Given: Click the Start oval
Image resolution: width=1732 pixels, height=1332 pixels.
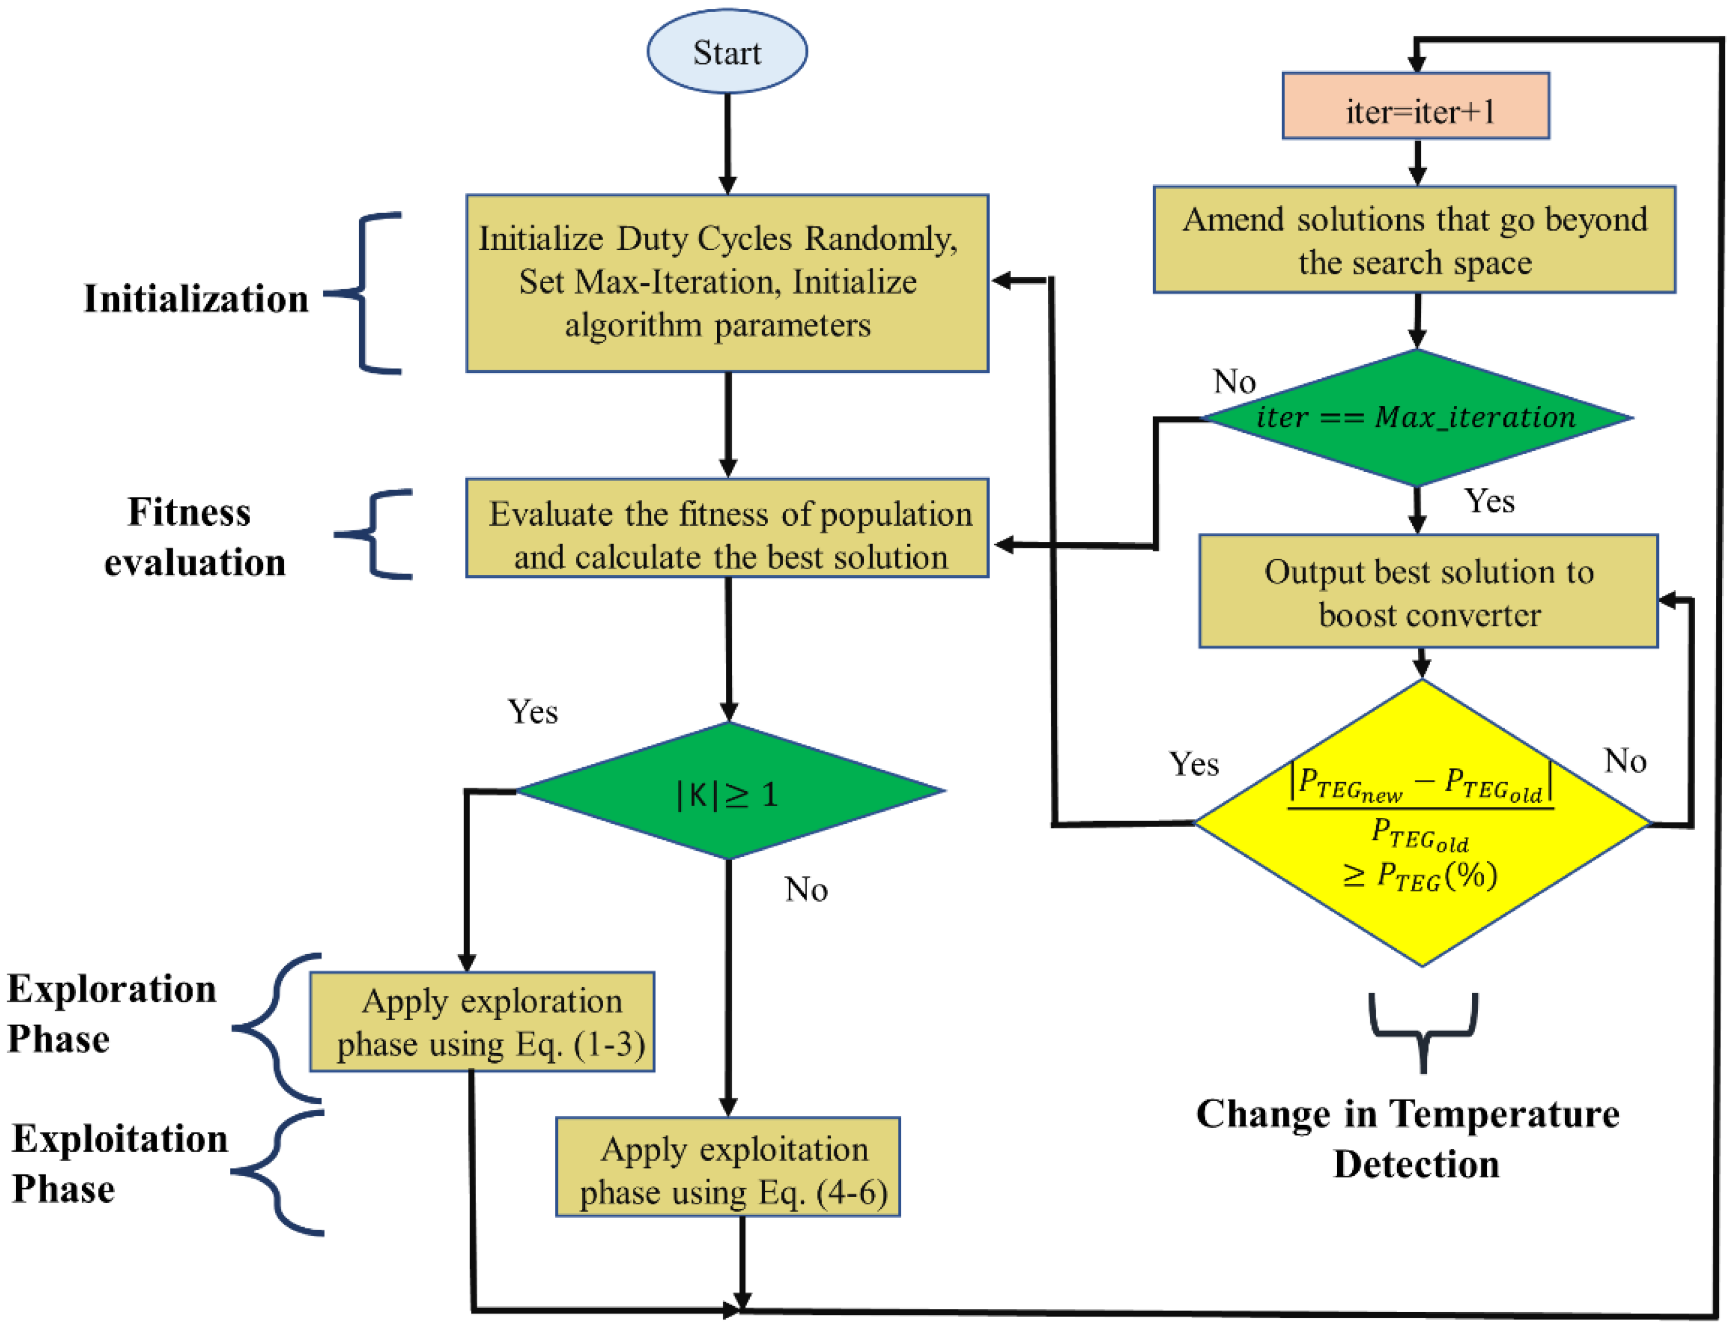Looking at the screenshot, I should point(726,52).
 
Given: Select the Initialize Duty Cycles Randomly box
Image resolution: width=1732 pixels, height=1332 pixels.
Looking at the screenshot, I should point(726,282).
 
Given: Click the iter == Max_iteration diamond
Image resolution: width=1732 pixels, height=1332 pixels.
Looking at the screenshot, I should point(1416,417).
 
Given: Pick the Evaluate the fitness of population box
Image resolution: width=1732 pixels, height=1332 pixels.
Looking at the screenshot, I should point(726,527).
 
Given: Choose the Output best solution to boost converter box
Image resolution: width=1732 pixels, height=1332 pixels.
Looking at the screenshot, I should point(1427,591).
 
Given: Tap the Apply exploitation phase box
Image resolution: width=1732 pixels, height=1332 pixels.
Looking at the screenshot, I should point(727,1169).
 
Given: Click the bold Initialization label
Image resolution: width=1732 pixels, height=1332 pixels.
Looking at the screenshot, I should point(196,299).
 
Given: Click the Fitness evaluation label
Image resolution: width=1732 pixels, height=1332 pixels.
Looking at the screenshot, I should point(194,537).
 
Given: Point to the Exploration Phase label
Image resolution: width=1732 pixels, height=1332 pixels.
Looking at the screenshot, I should point(111,1013).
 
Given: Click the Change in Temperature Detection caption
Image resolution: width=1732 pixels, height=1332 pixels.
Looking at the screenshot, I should point(1408,1138).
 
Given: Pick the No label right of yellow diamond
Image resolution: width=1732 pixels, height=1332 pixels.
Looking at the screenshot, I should point(1624,761).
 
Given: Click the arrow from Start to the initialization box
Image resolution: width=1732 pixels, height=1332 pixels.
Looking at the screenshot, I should point(727,143).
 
